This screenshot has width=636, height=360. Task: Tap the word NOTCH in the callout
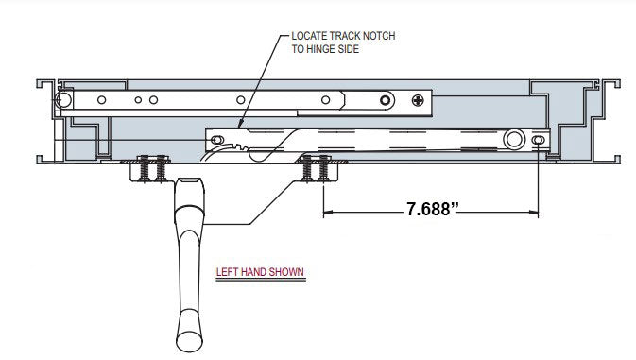pyautogui.click(x=373, y=35)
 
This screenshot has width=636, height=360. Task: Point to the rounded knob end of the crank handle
pyautogui.click(x=186, y=336)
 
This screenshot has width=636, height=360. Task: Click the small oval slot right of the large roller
pyautogui.click(x=538, y=140)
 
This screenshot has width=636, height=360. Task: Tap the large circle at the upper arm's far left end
pyautogui.click(x=63, y=99)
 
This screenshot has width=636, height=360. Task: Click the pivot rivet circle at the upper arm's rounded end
pyautogui.click(x=385, y=99)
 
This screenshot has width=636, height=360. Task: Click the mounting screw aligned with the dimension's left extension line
pyautogui.click(x=323, y=168)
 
